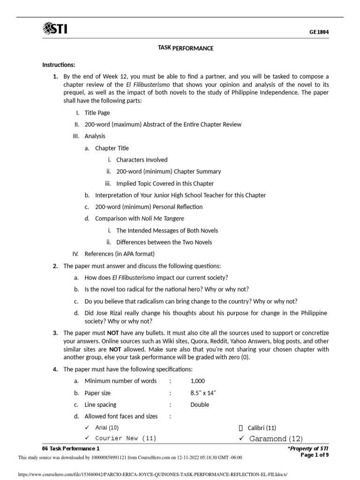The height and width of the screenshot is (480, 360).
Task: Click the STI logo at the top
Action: tap(54, 30)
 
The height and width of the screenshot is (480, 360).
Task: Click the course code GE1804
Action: tap(319, 32)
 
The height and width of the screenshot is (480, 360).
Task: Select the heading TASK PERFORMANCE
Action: tap(186, 48)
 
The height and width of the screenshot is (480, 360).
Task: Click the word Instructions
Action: tap(59, 65)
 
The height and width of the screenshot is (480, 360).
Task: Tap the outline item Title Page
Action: tap(97, 113)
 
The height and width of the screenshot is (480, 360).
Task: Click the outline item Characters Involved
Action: tap(142, 160)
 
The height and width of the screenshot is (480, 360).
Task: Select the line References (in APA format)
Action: tap(120, 254)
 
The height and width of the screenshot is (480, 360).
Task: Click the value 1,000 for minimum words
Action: tap(197, 381)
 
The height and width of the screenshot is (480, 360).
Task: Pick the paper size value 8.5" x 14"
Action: tap(203, 393)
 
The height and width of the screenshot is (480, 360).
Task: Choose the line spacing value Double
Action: tap(200, 405)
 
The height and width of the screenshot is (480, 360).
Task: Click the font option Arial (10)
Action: tap(107, 427)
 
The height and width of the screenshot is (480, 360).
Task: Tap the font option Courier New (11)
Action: tap(126, 438)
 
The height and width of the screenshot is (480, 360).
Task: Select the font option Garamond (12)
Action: tap(276, 439)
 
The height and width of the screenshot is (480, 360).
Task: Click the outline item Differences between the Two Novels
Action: tap(164, 242)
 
